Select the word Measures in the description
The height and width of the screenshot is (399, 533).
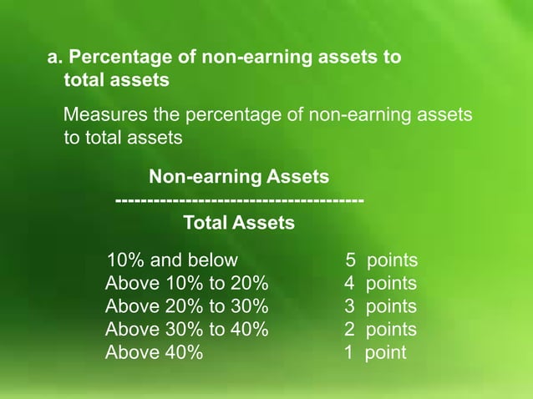(103, 114)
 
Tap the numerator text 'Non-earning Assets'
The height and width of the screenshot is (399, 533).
(238, 177)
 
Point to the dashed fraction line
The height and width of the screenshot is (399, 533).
(239, 200)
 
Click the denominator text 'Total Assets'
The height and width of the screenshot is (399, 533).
(238, 224)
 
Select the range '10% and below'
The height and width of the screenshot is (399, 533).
(172, 260)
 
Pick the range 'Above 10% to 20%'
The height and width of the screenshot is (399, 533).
(187, 284)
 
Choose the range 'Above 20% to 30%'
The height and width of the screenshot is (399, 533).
(187, 306)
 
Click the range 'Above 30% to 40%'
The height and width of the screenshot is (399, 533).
(187, 330)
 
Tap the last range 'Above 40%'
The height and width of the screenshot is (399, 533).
(154, 352)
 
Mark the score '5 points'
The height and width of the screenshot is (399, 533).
(381, 260)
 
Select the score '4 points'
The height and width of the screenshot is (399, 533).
(381, 284)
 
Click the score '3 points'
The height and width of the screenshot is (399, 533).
(381, 306)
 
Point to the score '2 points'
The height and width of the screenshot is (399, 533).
(381, 330)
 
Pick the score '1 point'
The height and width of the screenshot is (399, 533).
(375, 352)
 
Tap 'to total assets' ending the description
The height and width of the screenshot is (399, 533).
(123, 138)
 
